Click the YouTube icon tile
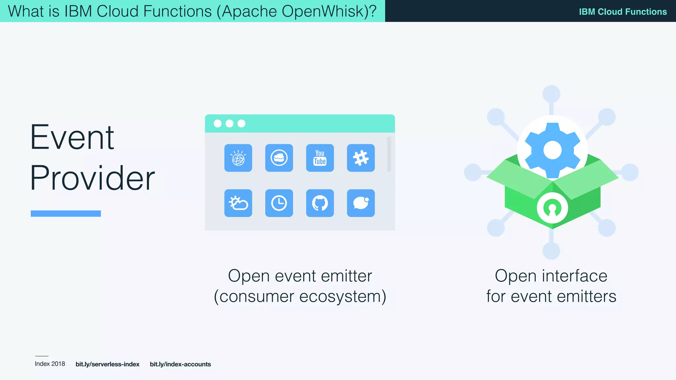coord(320,158)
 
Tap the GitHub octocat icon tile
coord(320,203)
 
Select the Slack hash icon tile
coord(361,158)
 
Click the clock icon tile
coord(279,203)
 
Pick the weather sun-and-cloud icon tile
coord(238,203)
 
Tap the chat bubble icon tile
coord(361,203)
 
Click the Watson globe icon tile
coord(238,158)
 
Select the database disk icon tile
coord(279,158)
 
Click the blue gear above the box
coord(552,150)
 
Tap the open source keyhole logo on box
coord(552,208)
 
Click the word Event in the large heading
coord(72,137)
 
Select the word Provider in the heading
coord(92,178)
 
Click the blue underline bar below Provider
coord(66,213)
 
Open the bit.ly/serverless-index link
coord(107,364)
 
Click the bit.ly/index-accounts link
coord(180,364)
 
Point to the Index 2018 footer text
coord(50,364)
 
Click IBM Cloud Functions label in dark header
coord(623,12)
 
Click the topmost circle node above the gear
coord(551,94)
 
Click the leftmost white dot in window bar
coord(218,123)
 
